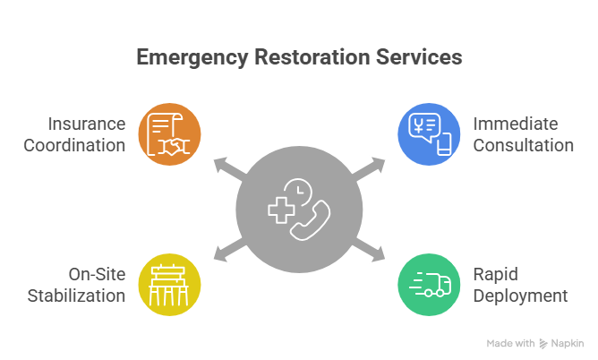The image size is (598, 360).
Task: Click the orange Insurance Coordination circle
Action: coord(168,134)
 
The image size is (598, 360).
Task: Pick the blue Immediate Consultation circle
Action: coord(429,134)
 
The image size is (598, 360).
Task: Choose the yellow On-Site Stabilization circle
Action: coord(168,285)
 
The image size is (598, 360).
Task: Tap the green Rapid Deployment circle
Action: coord(429,285)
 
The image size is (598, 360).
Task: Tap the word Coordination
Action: coord(74,145)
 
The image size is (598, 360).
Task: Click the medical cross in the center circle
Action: coord(280,212)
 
